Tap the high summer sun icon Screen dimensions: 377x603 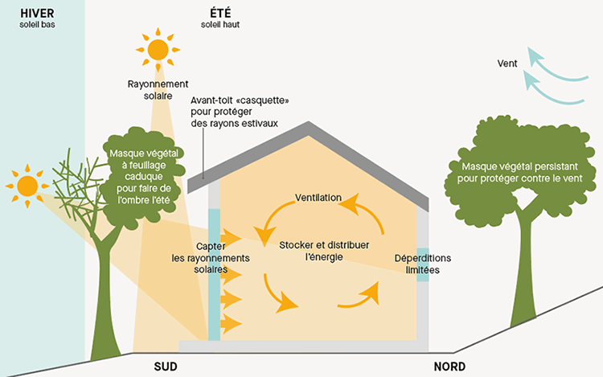(x=158, y=48)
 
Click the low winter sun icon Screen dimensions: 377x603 (x=28, y=186)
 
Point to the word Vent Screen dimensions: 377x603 (x=507, y=61)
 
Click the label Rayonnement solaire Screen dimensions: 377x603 (x=158, y=90)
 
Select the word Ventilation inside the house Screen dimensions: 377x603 (x=318, y=198)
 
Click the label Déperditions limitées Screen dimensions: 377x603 (x=423, y=264)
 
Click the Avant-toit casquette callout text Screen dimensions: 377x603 (x=239, y=113)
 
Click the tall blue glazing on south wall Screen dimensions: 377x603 (x=214, y=273)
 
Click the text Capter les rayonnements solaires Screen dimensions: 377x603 (x=211, y=258)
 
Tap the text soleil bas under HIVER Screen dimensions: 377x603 (x=37, y=24)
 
